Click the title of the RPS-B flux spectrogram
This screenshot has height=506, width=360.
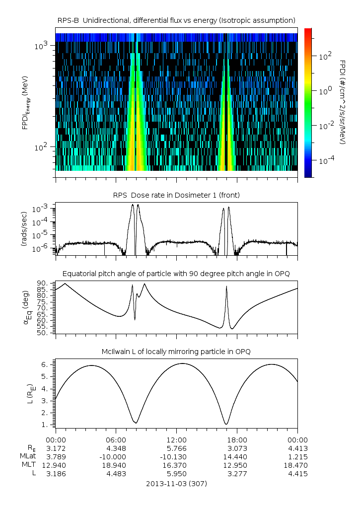(176, 20)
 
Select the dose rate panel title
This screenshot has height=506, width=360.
(176, 195)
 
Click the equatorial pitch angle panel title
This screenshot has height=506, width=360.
(176, 274)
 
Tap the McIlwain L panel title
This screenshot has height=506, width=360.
(176, 352)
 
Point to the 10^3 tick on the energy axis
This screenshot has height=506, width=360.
(41, 46)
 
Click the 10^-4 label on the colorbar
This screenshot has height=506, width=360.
(325, 160)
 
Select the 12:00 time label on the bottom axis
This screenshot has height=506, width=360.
(176, 439)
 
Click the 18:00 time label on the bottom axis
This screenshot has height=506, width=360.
(237, 439)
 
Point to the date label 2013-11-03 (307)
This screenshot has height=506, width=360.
(176, 483)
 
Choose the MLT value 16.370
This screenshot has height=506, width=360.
(176, 465)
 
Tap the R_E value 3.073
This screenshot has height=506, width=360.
(237, 448)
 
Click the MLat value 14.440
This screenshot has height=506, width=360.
(237, 456)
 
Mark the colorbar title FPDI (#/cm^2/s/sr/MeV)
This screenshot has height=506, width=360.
(343, 102)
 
